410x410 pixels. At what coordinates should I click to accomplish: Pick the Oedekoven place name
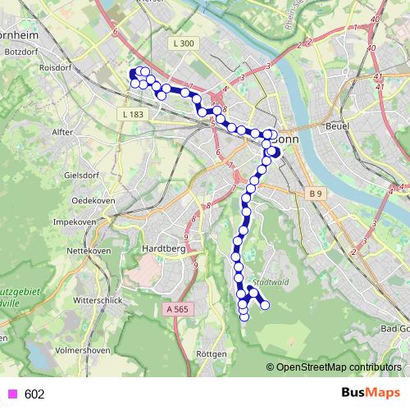pyautogui.click(x=91, y=199)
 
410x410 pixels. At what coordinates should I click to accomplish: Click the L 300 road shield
pyautogui.click(x=184, y=43)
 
